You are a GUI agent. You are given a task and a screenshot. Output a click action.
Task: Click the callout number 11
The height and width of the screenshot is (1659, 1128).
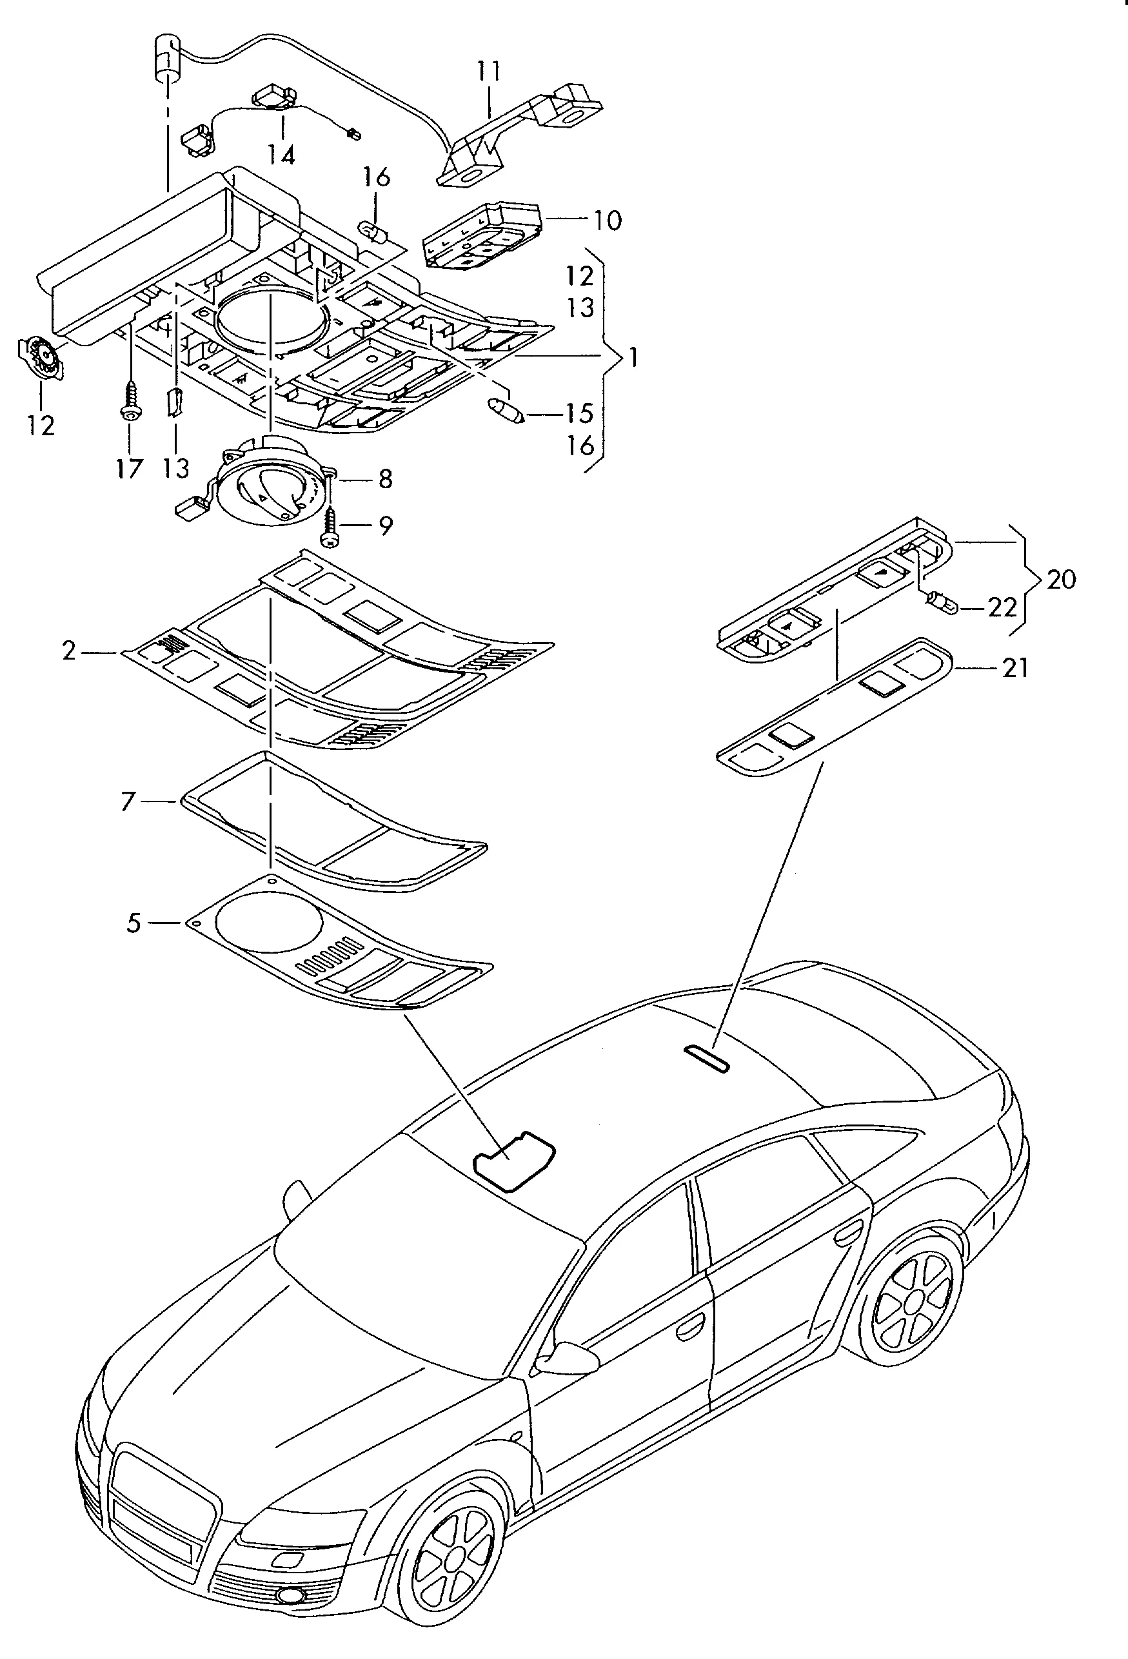point(489,73)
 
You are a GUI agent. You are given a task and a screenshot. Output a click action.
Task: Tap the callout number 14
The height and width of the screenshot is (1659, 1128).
point(282,154)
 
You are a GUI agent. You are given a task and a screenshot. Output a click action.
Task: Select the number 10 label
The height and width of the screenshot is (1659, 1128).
point(607,221)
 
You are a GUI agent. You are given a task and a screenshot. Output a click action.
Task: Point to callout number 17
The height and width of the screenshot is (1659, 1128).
point(129,469)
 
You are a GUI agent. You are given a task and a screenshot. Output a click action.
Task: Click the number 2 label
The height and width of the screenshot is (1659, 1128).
point(68,651)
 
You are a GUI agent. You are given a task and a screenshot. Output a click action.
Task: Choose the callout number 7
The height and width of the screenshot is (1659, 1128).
point(128,801)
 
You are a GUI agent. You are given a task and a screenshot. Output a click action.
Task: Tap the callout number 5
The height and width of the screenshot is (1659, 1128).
point(134,924)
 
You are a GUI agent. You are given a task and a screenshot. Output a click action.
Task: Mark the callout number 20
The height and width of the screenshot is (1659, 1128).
point(1061,579)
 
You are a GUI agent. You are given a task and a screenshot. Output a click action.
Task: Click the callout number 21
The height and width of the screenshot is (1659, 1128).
point(1014,668)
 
